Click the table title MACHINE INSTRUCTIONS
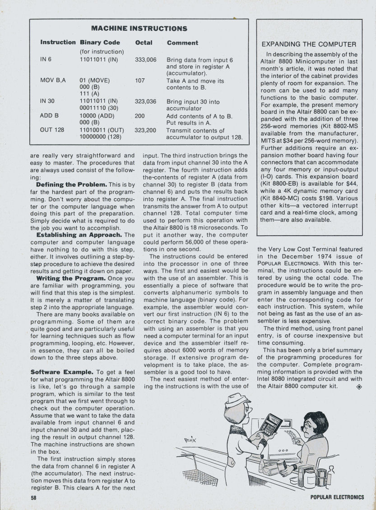click(139, 28)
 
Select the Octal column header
click(144, 43)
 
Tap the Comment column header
click(182, 43)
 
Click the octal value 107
click(140, 81)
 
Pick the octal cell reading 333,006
click(145, 59)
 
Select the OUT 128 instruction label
click(52, 131)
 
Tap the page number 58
click(34, 497)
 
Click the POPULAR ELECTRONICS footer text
click(337, 497)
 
